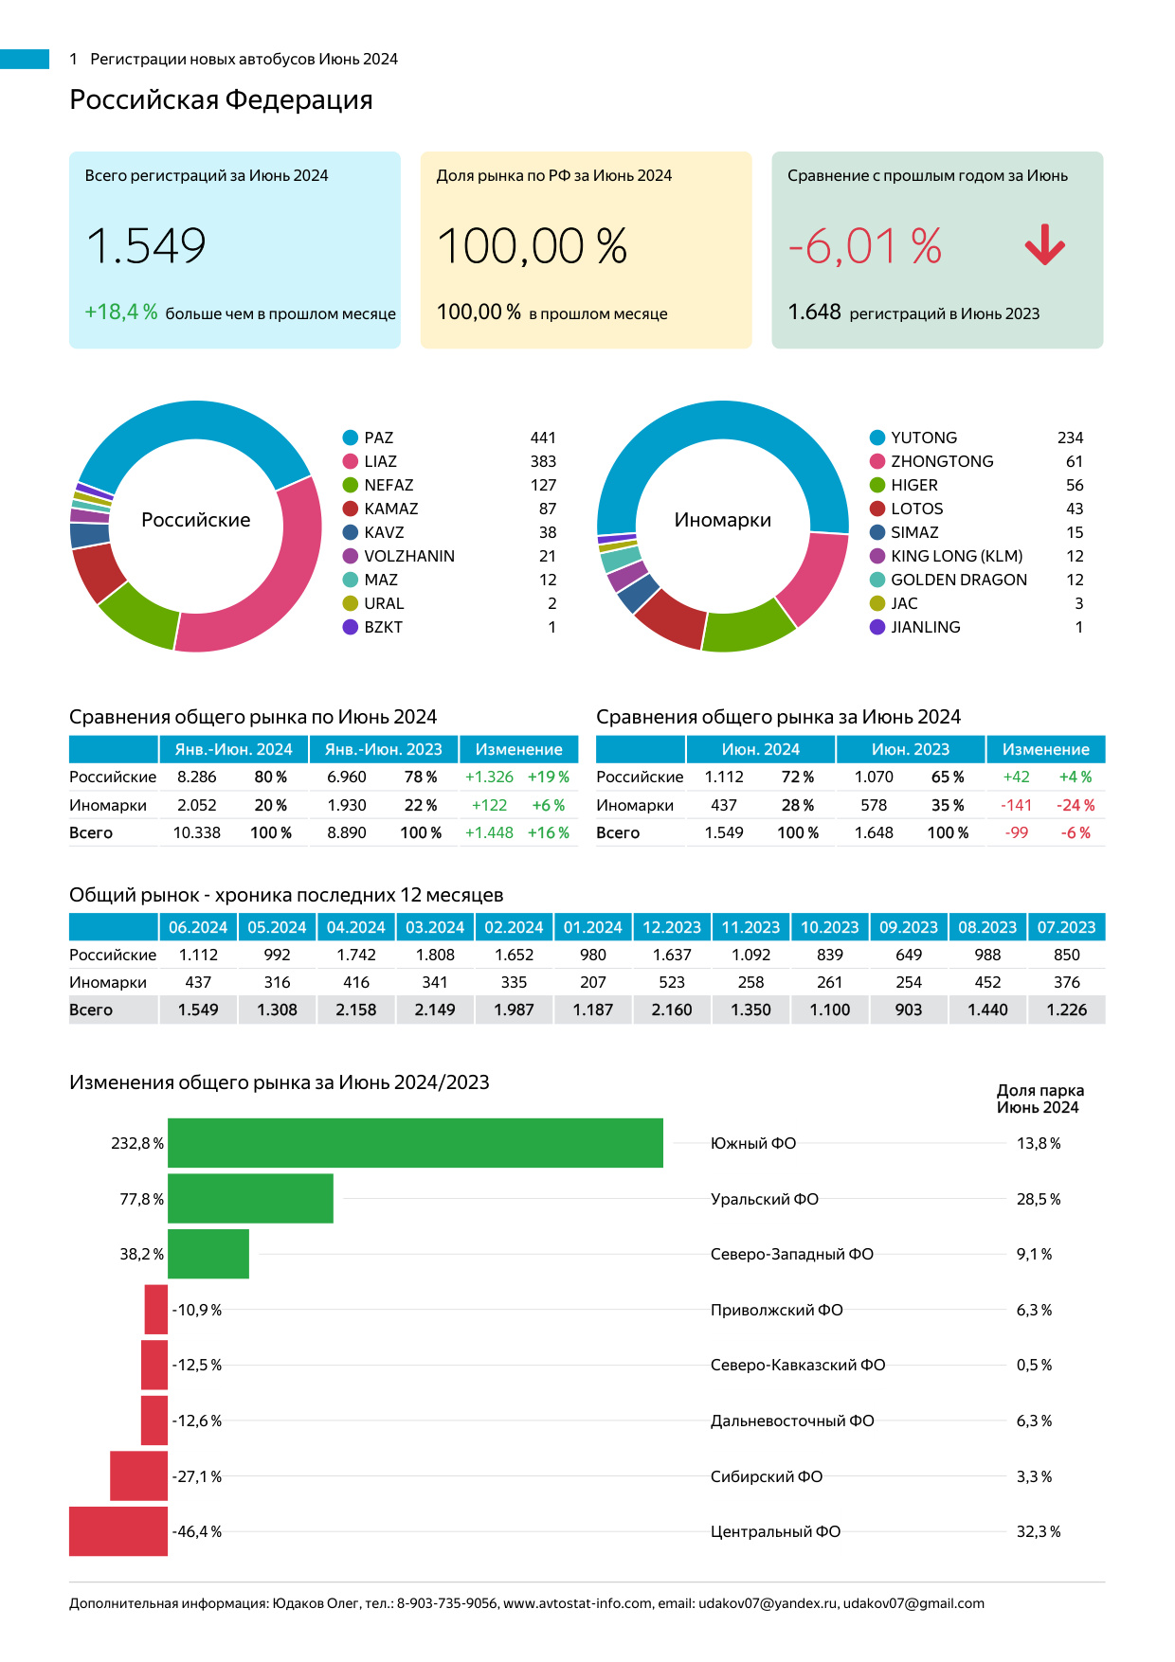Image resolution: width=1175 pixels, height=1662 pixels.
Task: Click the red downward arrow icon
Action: tap(1045, 245)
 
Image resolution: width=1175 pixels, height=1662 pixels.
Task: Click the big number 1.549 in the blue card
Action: tap(146, 246)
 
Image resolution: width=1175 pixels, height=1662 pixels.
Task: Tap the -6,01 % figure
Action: tap(865, 246)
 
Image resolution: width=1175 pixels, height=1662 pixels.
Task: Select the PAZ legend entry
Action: tap(378, 438)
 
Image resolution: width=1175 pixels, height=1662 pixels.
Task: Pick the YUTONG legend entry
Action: tap(923, 438)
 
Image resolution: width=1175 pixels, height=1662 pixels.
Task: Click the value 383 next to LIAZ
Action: tap(543, 461)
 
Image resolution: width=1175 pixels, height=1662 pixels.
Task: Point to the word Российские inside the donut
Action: tap(196, 520)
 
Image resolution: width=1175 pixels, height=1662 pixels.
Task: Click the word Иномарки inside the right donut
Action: tap(722, 520)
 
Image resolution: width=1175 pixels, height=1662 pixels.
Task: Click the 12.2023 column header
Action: tap(672, 927)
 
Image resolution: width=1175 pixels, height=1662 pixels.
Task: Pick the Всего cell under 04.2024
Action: tap(356, 1010)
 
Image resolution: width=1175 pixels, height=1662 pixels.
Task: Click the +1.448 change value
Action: tap(489, 832)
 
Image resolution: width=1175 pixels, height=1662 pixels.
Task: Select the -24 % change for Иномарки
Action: tap(1076, 805)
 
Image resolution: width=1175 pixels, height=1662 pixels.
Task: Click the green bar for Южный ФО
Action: tap(415, 1143)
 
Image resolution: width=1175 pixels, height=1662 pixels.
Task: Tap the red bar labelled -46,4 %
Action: tap(118, 1531)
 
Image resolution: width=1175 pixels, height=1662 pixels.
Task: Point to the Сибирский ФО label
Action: tap(767, 1476)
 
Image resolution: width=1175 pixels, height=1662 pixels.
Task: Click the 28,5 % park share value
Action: tap(1039, 1199)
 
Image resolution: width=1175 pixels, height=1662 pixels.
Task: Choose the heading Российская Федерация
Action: tap(221, 99)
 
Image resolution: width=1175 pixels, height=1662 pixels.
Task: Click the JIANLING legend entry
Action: tap(925, 627)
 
